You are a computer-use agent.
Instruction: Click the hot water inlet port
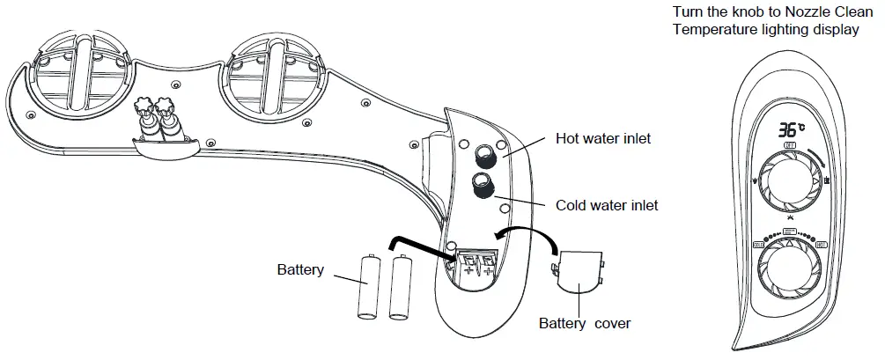(483, 158)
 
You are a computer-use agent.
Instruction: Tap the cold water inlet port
(482, 186)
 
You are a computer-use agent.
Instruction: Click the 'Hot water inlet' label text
(602, 139)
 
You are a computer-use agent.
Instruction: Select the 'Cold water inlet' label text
(607, 206)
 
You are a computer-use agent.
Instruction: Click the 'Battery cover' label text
(584, 323)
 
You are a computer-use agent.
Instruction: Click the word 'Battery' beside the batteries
(300, 269)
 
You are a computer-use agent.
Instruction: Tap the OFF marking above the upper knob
(790, 144)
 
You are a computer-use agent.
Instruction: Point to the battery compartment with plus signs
(474, 262)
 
